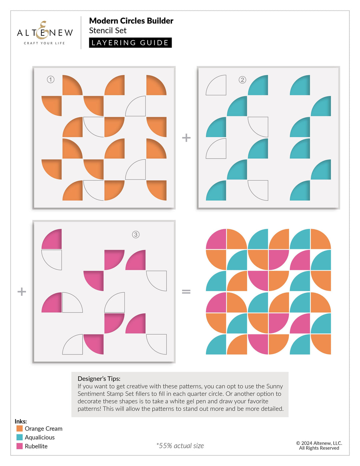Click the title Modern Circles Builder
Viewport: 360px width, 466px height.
[x=131, y=21]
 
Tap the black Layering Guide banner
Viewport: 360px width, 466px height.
[x=130, y=43]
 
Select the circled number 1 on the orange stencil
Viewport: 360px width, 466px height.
[x=51, y=79]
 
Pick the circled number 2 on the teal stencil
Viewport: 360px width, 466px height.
[x=242, y=80]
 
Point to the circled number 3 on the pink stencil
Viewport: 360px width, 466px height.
[x=136, y=235]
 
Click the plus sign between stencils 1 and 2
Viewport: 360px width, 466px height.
[x=186, y=138]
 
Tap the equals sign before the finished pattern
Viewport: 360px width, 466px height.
[x=186, y=292]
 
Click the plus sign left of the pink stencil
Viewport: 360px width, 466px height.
[x=22, y=292]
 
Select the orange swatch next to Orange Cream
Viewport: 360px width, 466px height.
[x=20, y=428]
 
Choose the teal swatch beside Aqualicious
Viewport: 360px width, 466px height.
[x=20, y=437]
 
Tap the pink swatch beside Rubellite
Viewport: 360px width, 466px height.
[x=20, y=446]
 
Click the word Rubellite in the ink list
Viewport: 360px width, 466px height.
[x=36, y=446]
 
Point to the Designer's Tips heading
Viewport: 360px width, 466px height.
[x=99, y=379]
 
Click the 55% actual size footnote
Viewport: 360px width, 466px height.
[x=180, y=446]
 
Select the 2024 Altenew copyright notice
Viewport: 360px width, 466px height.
[x=319, y=445]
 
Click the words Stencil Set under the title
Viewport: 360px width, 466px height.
[x=108, y=31]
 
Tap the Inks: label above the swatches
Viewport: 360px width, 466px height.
[x=21, y=421]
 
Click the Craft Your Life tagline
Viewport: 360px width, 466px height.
[x=44, y=43]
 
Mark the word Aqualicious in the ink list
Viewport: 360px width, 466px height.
[x=40, y=437]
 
